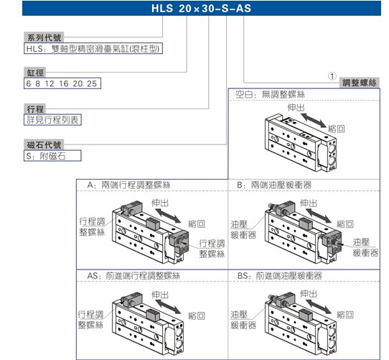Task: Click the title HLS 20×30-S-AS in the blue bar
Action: (201, 9)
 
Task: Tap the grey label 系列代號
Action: (44, 37)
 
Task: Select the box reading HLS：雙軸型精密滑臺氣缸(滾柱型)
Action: (93, 48)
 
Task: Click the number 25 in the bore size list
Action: (92, 84)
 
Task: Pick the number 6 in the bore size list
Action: (29, 84)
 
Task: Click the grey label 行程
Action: (35, 109)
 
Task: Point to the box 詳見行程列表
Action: (52, 120)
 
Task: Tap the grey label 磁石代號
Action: (44, 144)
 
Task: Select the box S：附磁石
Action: (52, 156)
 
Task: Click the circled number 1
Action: (332, 76)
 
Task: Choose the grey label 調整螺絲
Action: (360, 83)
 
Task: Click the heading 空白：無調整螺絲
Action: (270, 94)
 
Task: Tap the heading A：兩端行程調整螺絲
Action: (128, 185)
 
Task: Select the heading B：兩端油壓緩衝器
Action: (274, 185)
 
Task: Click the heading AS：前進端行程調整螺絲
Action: (133, 276)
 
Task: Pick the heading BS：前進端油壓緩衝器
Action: (279, 276)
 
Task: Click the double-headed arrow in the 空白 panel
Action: (314, 121)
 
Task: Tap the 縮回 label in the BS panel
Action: (345, 315)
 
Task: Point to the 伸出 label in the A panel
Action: (160, 203)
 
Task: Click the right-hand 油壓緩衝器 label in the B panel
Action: (365, 247)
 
